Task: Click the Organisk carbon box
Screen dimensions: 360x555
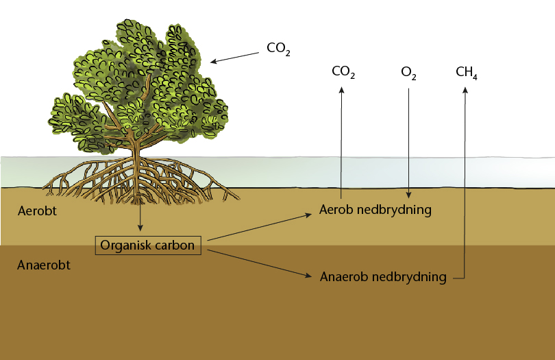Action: (147, 245)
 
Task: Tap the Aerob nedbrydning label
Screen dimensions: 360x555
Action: (375, 210)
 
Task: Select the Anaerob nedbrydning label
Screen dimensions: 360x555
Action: (383, 277)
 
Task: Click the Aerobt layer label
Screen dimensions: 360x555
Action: (36, 211)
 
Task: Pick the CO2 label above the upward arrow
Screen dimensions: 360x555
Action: (343, 71)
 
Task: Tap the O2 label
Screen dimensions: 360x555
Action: (408, 71)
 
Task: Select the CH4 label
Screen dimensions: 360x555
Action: (466, 71)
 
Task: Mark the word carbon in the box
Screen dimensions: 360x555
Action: (174, 245)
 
